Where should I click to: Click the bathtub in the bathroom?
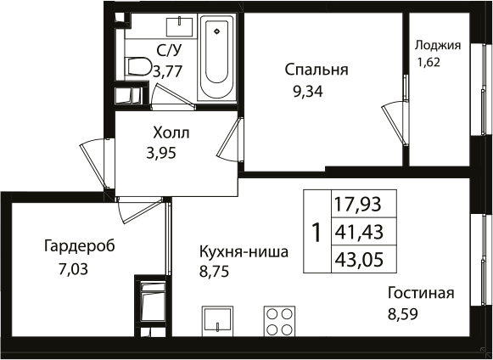point(218,59)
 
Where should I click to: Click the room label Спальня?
point(317,69)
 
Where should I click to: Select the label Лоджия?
point(437,46)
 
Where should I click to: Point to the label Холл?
point(171,134)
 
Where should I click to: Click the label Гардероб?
point(79,247)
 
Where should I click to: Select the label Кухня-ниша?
point(244,252)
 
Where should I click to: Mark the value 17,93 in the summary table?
point(357,204)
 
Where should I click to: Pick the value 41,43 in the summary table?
point(357,231)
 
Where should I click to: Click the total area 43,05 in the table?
point(357,258)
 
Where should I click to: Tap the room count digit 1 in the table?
point(316,232)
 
